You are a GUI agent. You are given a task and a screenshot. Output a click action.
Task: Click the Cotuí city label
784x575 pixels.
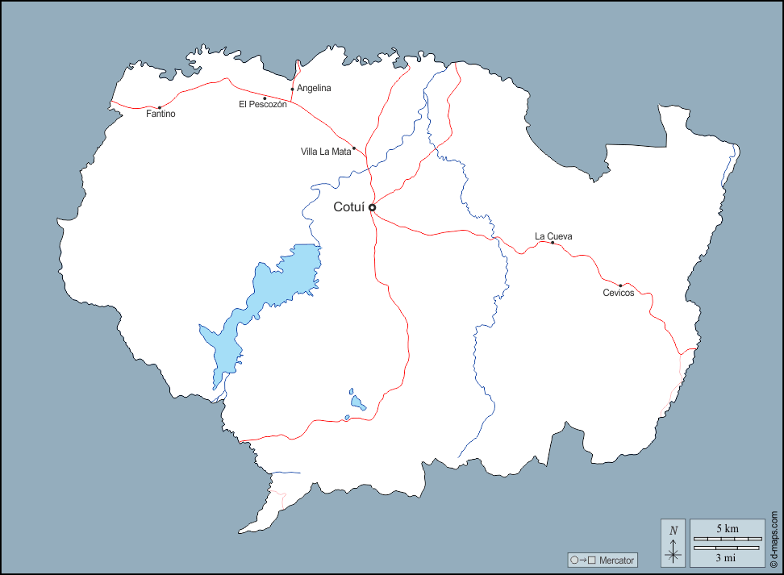pos(348,207)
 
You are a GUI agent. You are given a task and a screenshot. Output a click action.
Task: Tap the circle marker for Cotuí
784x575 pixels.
pos(372,207)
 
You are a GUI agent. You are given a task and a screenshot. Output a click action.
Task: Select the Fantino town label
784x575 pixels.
pos(161,115)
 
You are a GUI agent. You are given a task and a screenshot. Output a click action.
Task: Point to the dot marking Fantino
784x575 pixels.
pos(159,107)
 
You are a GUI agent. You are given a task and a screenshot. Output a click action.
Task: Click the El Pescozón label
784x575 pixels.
pos(262,105)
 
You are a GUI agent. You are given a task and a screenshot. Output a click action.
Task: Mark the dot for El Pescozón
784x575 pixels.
pos(265,98)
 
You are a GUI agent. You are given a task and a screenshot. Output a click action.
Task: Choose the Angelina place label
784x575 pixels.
pos(314,88)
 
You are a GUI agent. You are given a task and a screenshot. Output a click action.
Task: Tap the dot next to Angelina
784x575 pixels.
pos(292,89)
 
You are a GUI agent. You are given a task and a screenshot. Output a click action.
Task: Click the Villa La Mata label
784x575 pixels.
pos(326,151)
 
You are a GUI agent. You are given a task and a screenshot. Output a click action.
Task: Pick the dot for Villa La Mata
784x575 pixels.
pos(354,148)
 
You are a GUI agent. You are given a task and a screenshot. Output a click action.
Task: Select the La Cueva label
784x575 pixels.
pos(553,236)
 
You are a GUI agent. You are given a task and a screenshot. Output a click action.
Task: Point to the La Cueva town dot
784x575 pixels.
pos(553,243)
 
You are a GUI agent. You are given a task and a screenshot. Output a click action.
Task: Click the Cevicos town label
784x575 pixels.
pos(619,293)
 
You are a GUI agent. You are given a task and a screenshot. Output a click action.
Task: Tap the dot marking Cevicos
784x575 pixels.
pos(620,285)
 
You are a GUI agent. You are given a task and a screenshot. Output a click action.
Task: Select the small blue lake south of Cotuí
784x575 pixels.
pos(357,401)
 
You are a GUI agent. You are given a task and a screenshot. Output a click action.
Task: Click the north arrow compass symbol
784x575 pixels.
pos(673,542)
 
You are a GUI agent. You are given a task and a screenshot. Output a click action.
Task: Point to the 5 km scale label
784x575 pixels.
pos(727,528)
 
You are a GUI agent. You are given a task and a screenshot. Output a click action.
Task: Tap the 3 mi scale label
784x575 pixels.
pos(727,556)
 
